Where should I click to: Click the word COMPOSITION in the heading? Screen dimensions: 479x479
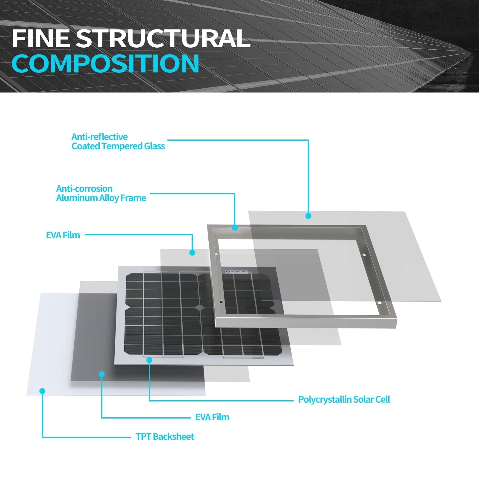coord(105,63)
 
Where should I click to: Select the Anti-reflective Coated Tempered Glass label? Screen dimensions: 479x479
coord(118,142)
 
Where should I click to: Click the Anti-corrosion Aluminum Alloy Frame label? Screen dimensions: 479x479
coord(101,193)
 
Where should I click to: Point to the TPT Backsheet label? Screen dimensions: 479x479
coord(165,436)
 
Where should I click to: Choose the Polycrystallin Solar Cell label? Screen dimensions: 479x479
coord(344,400)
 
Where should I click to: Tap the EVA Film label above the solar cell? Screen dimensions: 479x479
coord(63,235)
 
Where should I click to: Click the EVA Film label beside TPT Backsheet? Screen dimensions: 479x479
coord(212,417)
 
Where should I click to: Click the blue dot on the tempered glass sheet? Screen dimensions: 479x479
coord(308,216)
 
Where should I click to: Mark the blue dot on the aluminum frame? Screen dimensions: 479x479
coord(235,228)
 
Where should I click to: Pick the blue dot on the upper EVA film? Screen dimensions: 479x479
coord(192,253)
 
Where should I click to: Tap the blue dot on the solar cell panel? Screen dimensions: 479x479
coord(149,360)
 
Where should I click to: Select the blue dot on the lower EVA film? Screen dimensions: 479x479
coord(102,374)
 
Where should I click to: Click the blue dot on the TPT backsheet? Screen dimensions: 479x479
coord(42,391)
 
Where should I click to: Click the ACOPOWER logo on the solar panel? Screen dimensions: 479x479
coord(237,272)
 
